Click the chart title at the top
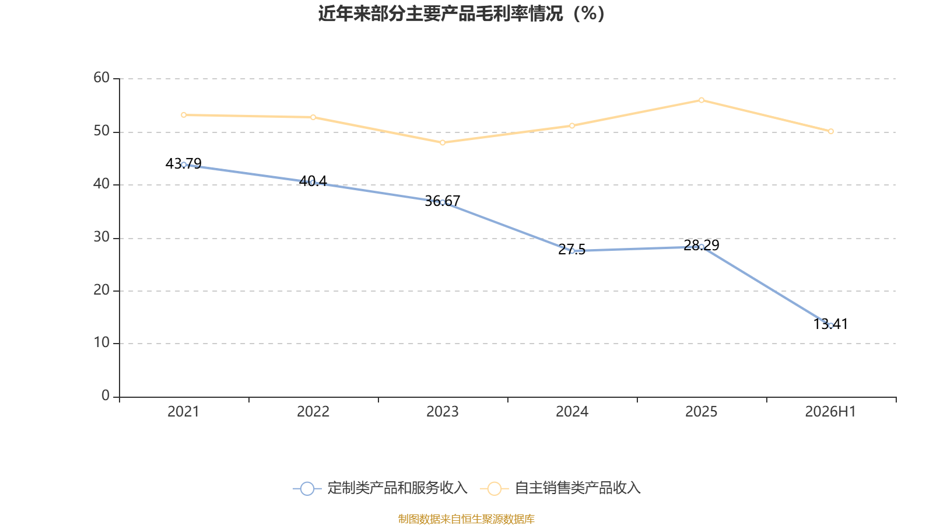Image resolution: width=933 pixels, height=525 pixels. [x=461, y=14]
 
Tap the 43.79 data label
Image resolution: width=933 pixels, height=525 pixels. [x=183, y=163]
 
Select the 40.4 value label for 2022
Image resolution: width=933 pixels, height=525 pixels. [x=313, y=181]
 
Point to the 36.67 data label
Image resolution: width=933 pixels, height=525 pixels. [x=443, y=201]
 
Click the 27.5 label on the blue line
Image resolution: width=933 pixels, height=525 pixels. [x=571, y=250]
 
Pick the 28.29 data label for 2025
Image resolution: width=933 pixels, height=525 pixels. [x=701, y=245]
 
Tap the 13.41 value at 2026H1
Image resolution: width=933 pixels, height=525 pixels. [x=830, y=324]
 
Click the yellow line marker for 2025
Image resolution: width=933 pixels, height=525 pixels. [x=701, y=100]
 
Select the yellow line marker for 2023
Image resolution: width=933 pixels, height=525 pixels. [x=443, y=142]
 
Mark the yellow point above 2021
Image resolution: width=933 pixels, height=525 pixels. [x=184, y=115]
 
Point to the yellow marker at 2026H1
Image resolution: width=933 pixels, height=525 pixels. [x=830, y=131]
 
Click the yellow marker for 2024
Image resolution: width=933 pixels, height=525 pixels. [x=572, y=125]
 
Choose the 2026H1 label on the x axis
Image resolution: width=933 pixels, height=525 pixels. [x=830, y=412]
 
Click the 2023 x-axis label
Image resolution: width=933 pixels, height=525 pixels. [x=443, y=412]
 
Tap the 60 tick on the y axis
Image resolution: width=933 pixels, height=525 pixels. [x=101, y=78]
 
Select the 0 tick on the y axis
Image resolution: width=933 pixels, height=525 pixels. [x=106, y=395]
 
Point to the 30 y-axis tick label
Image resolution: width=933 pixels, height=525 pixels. [x=101, y=237]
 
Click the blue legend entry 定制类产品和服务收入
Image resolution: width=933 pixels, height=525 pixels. [x=380, y=488]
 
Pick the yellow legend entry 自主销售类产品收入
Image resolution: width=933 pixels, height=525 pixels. [x=560, y=488]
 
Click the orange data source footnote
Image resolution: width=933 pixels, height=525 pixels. [x=466, y=519]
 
